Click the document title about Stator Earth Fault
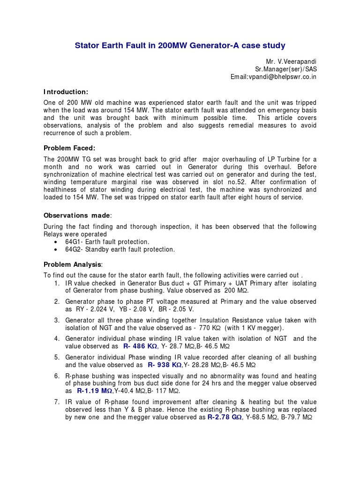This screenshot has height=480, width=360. (x=180, y=45)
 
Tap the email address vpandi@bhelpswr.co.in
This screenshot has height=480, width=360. (x=273, y=77)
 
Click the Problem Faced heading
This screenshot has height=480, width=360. (x=69, y=148)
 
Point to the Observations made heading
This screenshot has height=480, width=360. (x=78, y=215)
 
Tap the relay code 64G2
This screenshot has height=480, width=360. (x=74, y=249)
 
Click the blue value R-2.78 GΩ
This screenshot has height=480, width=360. (x=225, y=417)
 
